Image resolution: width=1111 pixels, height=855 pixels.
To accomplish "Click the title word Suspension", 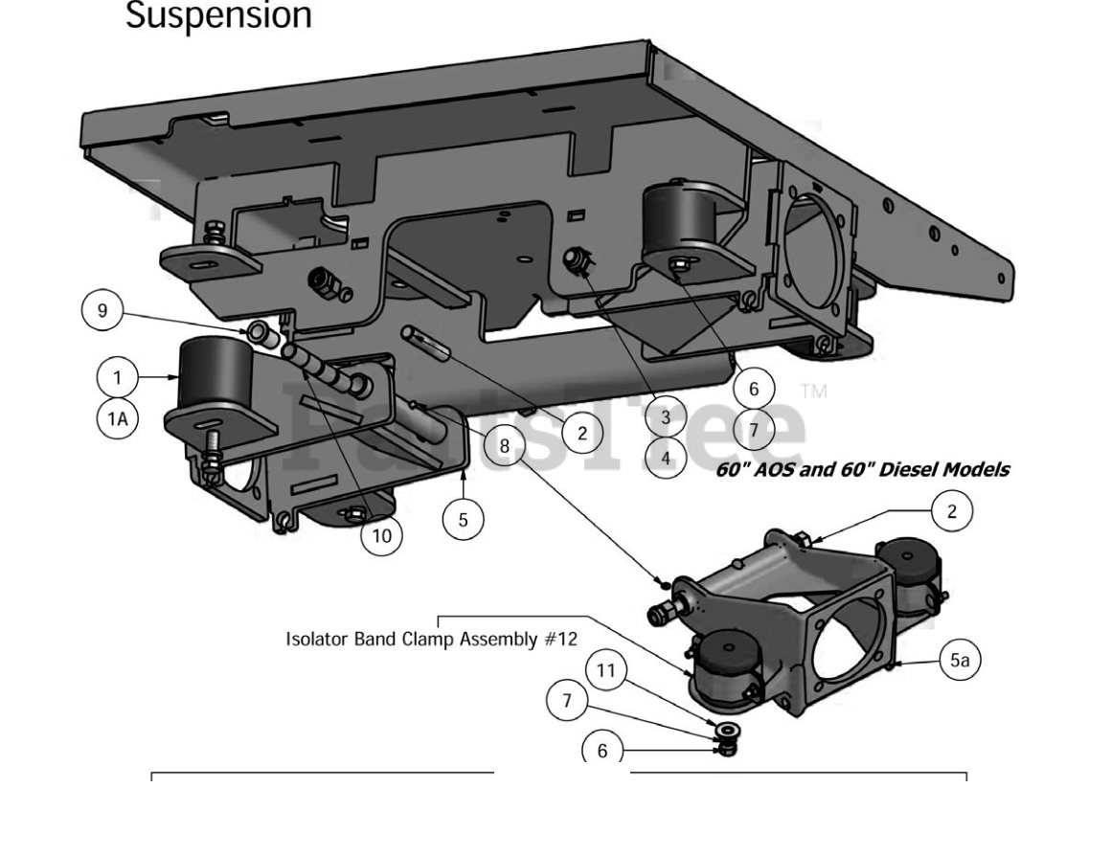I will [218, 16].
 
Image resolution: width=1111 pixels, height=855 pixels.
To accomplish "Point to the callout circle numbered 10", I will [381, 535].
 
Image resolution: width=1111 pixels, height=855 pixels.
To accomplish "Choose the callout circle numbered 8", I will [504, 445].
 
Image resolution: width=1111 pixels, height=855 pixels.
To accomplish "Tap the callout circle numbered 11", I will [605, 671].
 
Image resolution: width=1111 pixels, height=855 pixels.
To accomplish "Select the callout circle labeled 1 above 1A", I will [118, 376].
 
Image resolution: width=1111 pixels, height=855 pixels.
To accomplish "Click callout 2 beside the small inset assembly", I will [951, 510].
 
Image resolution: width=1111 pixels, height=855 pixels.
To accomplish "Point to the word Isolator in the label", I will [317, 639].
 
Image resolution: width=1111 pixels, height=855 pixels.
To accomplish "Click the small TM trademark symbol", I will [813, 392].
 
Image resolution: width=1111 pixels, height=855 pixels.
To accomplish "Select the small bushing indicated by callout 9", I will [258, 332].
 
